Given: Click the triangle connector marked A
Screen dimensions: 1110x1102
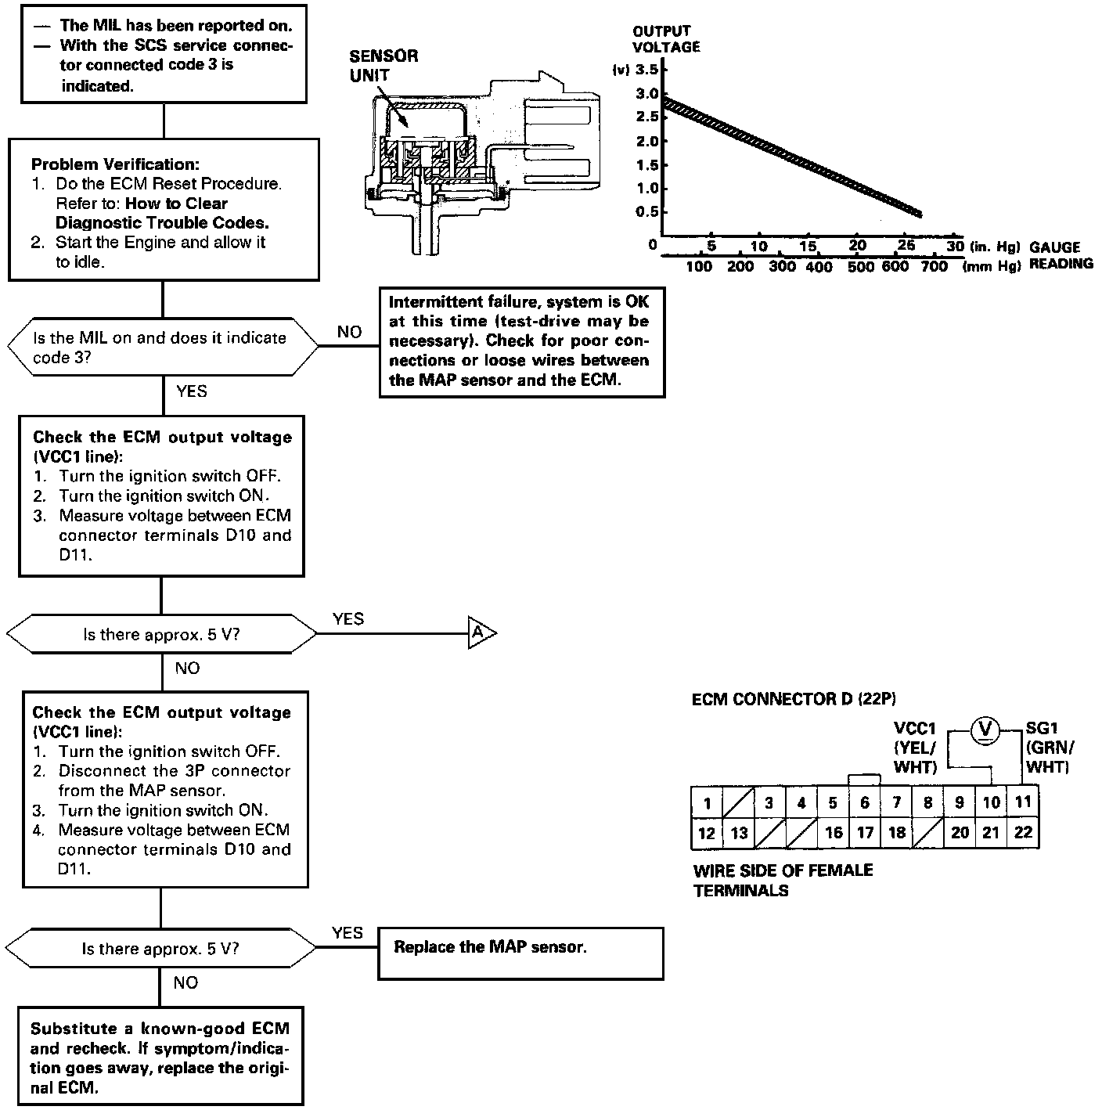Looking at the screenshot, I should (x=481, y=632).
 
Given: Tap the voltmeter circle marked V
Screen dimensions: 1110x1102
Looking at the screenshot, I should (x=985, y=730).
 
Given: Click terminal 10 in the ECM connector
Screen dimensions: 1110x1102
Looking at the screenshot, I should (x=991, y=802).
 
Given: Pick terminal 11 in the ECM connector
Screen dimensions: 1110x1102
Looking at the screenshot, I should (x=1023, y=802).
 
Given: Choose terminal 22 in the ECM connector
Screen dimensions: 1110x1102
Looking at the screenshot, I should (x=1023, y=833).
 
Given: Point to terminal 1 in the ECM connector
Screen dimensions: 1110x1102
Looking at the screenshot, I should (x=707, y=803).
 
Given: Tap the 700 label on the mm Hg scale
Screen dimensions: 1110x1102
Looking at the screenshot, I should (x=933, y=266).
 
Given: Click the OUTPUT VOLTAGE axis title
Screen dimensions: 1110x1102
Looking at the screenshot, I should (x=665, y=39).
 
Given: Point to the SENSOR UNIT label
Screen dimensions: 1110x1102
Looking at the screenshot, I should (x=384, y=66).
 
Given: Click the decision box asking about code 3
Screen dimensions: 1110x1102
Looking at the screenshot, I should (x=162, y=348).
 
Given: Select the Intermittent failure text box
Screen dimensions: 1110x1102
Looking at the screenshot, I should (x=522, y=341).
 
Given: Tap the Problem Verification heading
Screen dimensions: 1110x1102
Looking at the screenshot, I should (x=115, y=164).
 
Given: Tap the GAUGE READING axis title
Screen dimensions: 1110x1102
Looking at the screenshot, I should (x=1061, y=255).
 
